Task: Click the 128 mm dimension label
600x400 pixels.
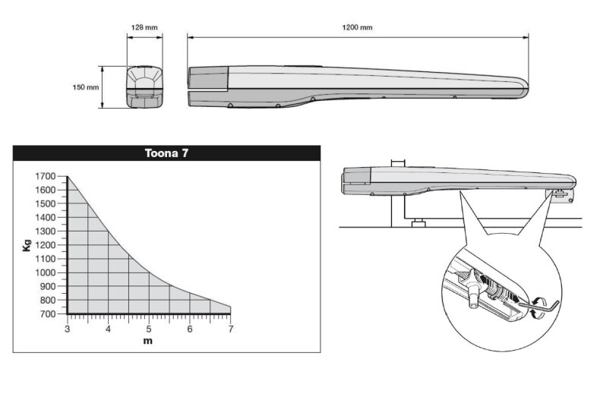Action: pos(144,27)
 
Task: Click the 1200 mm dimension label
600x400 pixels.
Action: pos(357,27)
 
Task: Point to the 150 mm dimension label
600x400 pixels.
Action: pos(86,87)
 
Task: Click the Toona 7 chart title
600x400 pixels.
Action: pos(166,153)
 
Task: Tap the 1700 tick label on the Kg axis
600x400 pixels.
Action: pos(46,176)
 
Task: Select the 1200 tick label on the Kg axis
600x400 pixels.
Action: pos(46,245)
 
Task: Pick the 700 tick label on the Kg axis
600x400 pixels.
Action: pos(48,314)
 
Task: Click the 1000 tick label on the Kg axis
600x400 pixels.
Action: pos(46,272)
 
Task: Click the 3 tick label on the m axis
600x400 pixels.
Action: pos(68,329)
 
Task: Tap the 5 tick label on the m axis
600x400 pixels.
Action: pos(149,329)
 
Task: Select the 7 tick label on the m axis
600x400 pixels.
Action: pos(231,329)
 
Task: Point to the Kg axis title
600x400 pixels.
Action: pos(27,245)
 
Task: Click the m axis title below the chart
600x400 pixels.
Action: pos(148,341)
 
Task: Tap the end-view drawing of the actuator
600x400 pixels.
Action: pos(144,87)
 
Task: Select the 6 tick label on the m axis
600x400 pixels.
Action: pos(190,329)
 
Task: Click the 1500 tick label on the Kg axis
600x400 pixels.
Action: pos(46,204)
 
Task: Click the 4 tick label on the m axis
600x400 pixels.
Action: pos(109,329)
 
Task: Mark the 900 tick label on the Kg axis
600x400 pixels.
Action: pos(48,286)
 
